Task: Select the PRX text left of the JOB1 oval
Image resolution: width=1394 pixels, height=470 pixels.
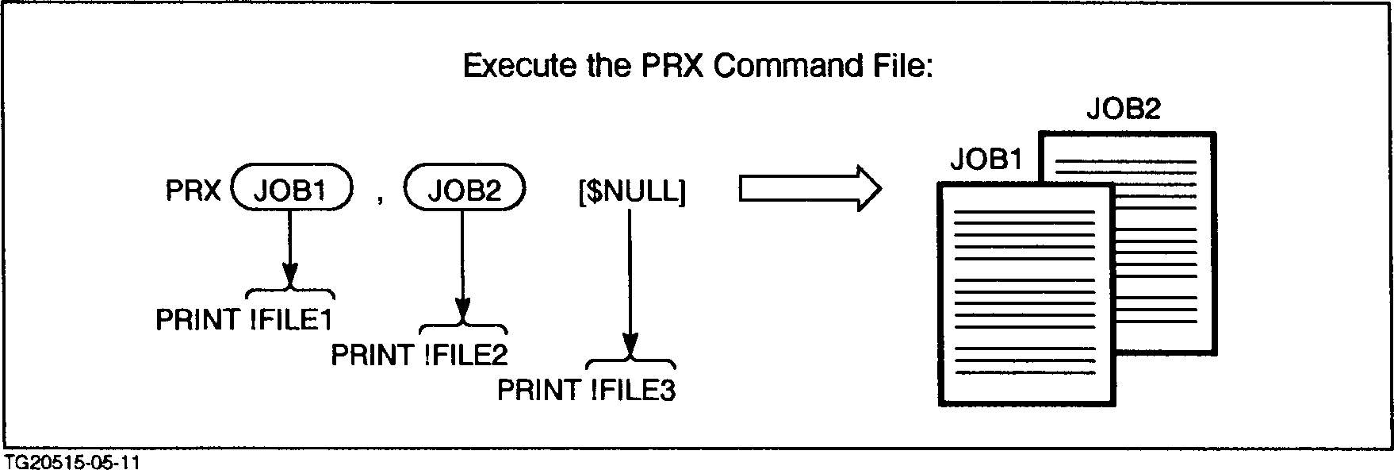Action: point(193,191)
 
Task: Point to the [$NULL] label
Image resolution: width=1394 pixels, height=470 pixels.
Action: point(632,191)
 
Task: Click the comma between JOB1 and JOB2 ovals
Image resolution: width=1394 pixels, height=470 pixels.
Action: point(381,200)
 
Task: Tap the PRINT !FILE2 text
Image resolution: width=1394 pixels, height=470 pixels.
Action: point(419,355)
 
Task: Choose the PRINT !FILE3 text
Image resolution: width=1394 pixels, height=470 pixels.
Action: point(586,391)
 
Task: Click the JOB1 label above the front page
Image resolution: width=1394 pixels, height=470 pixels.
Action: point(986,160)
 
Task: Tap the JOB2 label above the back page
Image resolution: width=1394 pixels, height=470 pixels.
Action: point(1123,109)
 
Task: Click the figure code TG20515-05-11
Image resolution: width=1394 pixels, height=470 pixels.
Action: point(67,462)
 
